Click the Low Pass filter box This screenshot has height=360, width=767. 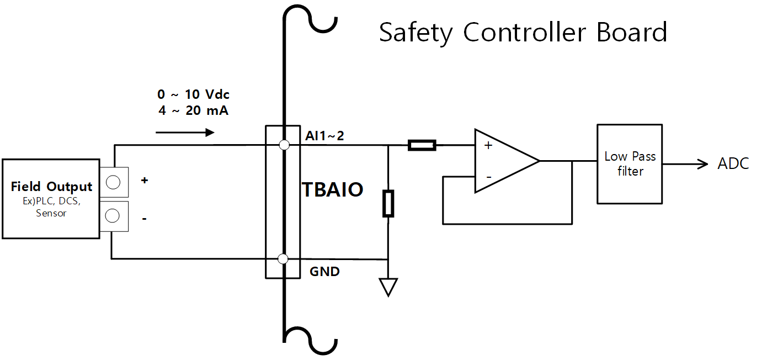click(x=630, y=164)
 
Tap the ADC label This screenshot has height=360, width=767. click(x=733, y=164)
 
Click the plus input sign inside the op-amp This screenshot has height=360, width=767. click(x=488, y=146)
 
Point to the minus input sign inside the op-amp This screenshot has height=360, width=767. click(x=488, y=177)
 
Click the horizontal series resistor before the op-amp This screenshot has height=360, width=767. click(x=422, y=146)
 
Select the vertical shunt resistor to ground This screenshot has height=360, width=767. click(x=388, y=203)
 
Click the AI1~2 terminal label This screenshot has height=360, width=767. click(x=324, y=135)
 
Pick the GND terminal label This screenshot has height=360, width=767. click(x=324, y=272)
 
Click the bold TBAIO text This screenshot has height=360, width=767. click(x=332, y=190)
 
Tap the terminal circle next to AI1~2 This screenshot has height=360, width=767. click(x=284, y=145)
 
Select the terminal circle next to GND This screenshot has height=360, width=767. click(x=284, y=258)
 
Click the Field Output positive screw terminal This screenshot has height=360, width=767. click(x=113, y=182)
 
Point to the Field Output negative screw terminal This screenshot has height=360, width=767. click(x=113, y=216)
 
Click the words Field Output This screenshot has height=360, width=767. click(x=51, y=187)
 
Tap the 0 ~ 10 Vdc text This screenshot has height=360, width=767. click(x=193, y=95)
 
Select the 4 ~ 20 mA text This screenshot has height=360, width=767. click(x=193, y=110)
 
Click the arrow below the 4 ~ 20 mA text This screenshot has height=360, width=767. click(x=185, y=133)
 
